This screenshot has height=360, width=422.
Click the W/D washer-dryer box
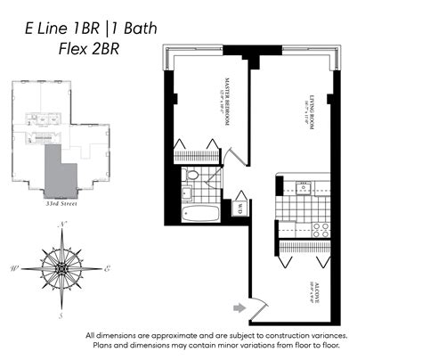[x=239, y=209]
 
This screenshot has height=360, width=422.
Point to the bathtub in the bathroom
[x=199, y=214]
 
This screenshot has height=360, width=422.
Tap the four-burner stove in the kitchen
[x=321, y=229]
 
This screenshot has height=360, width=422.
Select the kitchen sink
[x=304, y=187]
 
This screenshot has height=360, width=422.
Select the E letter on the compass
[x=107, y=267]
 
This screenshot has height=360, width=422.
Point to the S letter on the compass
[x=61, y=315]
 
